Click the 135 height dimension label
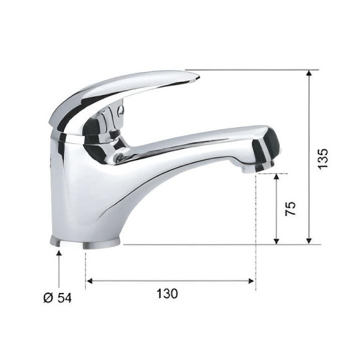point(323,159)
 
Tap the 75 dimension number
point(290,209)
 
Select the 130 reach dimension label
point(167,294)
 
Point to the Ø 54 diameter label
point(58,298)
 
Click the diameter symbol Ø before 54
point(48,298)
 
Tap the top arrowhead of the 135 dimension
point(309,73)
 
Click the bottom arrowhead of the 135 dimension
point(309,241)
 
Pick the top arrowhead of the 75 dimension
point(277,176)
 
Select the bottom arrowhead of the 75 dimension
point(277,241)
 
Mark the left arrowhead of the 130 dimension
point(89,281)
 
